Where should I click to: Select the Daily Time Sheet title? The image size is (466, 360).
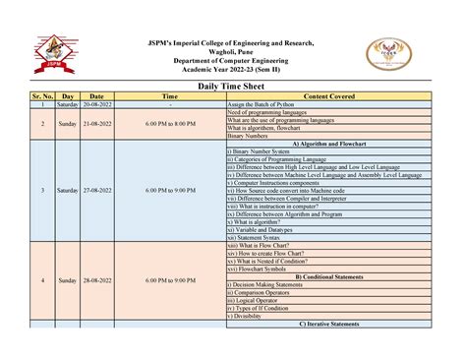(x=233, y=87)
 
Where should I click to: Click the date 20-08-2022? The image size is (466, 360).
(x=103, y=103)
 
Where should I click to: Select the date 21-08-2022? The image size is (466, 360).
(x=103, y=123)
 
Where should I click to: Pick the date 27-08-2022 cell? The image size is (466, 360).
(x=103, y=190)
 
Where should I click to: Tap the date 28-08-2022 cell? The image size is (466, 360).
(x=103, y=280)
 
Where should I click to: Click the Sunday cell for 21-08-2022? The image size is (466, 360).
(x=68, y=123)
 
